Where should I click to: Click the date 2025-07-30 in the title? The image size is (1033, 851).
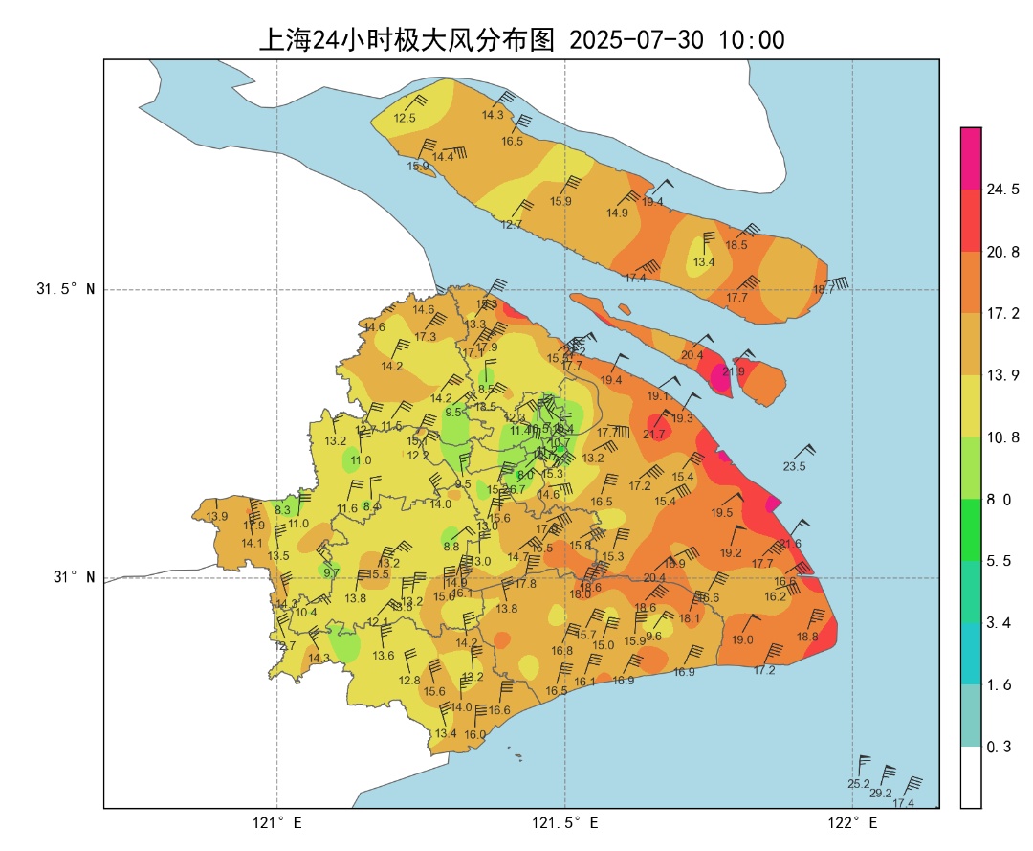click(636, 40)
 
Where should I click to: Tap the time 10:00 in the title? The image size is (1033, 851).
click(752, 40)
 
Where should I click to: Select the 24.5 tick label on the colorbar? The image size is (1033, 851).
click(1002, 190)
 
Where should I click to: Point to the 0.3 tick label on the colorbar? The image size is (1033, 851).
click(999, 747)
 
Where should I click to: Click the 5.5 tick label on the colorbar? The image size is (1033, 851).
click(999, 561)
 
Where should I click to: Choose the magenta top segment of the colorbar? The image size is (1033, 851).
click(971, 158)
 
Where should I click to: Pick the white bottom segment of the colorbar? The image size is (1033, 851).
click(971, 777)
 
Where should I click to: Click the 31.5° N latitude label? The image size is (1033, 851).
click(66, 289)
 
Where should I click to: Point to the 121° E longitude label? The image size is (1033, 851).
click(277, 822)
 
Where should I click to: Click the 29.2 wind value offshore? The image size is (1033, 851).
click(880, 794)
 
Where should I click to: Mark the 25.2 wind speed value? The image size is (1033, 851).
click(858, 784)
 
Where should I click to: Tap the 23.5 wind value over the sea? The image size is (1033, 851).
click(794, 467)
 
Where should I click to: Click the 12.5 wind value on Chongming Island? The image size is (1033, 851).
click(405, 119)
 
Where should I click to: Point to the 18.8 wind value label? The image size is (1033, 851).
click(807, 637)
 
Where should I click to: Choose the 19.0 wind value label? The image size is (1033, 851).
click(742, 640)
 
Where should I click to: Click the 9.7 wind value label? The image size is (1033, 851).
click(331, 573)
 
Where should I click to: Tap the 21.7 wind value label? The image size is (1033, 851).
click(653, 435)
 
